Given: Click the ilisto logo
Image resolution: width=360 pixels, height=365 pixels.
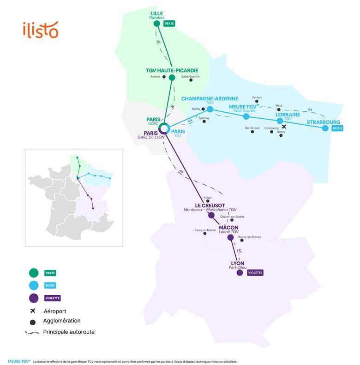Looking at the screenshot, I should click(41, 30).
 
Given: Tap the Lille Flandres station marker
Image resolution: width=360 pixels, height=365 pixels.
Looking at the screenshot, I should click(157, 24).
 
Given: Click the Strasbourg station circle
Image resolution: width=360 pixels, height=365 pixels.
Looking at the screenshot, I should click(325, 128).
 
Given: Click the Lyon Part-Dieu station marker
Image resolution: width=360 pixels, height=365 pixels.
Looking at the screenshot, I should click(240, 273).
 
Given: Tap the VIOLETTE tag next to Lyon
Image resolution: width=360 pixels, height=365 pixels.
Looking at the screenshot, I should click(255, 273).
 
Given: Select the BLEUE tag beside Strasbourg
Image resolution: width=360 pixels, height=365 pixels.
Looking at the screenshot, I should click(337, 128).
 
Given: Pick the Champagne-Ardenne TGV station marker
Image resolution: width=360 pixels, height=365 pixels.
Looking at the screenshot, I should click(210, 109).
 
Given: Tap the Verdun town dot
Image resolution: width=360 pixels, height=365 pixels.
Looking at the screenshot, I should click(257, 101).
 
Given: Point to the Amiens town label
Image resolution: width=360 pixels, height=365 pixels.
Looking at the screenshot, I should click(155, 77).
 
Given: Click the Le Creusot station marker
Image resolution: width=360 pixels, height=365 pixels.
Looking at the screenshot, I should click(211, 215).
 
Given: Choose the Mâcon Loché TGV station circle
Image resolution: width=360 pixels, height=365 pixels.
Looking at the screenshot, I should click(230, 238).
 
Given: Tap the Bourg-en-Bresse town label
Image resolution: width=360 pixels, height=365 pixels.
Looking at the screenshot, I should click(250, 237).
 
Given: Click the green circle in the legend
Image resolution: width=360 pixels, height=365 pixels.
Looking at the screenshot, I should click(33, 273).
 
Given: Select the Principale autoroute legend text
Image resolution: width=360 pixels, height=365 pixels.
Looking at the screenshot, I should click(69, 332).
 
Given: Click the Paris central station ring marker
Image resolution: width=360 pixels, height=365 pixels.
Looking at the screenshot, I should click(164, 128).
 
